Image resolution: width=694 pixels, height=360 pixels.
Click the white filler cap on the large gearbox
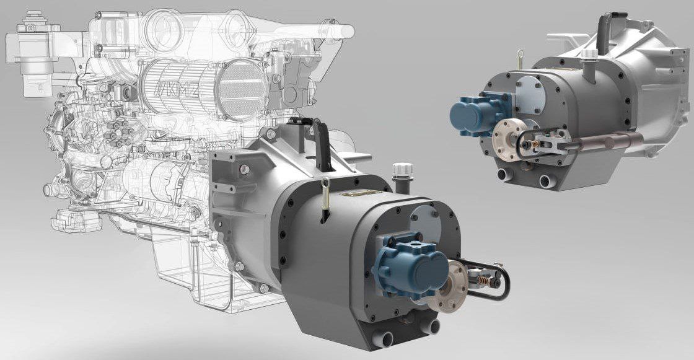403,170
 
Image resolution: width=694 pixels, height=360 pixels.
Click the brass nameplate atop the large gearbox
359,193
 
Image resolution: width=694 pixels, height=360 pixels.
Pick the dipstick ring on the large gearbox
325,182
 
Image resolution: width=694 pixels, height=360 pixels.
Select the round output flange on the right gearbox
508,139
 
